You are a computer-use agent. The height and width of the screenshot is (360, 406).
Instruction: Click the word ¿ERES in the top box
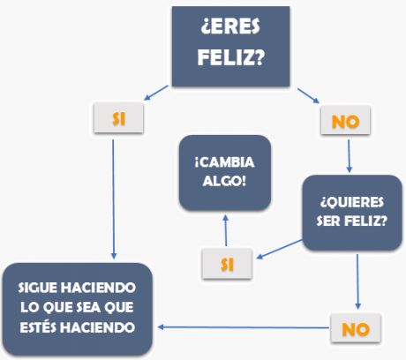[x=230, y=26]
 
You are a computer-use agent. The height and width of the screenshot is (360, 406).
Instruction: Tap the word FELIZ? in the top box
[x=231, y=56]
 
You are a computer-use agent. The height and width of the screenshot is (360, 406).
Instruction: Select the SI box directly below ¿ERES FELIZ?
[x=118, y=118]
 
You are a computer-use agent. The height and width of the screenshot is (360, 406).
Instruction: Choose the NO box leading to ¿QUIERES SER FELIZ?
[x=345, y=121]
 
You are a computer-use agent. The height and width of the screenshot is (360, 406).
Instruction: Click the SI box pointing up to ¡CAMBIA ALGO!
[x=227, y=264]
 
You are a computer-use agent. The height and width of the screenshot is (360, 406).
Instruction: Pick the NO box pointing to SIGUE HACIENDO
[x=356, y=328]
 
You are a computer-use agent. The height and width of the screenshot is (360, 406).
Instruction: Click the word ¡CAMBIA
[x=224, y=162]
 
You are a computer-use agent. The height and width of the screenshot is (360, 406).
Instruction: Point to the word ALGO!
[x=224, y=181]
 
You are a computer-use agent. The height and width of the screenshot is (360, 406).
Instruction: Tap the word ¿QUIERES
[x=352, y=202]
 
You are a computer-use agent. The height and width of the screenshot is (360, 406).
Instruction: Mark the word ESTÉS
[x=38, y=327]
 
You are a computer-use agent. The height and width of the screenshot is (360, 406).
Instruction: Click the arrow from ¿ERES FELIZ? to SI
[x=156, y=93]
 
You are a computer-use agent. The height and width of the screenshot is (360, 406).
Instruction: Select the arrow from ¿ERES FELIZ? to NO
[x=308, y=96]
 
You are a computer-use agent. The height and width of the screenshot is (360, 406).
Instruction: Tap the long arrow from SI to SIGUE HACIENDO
[x=114, y=199]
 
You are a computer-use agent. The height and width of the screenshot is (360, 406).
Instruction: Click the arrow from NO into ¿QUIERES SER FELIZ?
[x=349, y=156]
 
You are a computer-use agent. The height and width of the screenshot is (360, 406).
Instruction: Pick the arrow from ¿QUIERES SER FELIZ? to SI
[x=279, y=250]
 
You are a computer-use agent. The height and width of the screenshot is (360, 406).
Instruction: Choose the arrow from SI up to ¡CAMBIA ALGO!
[x=226, y=230]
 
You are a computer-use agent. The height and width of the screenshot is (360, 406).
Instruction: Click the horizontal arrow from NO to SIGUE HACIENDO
[x=244, y=327]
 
